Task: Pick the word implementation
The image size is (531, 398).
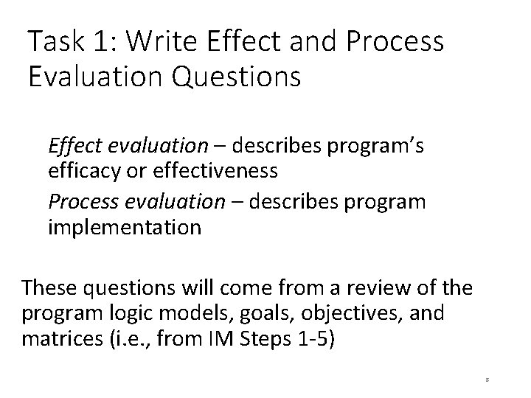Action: click(x=124, y=226)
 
